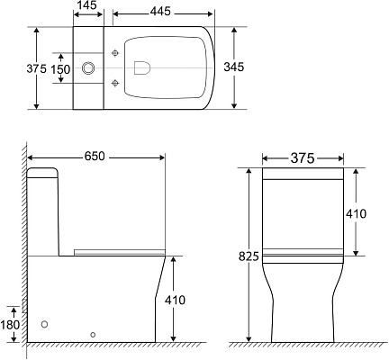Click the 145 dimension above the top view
87,6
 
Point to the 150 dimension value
60,68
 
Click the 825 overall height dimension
249,256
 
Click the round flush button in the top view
88,68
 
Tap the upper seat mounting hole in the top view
114,54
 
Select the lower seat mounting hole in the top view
114,84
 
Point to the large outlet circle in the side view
45,323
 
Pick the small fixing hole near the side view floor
94,334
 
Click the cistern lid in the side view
43,172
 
